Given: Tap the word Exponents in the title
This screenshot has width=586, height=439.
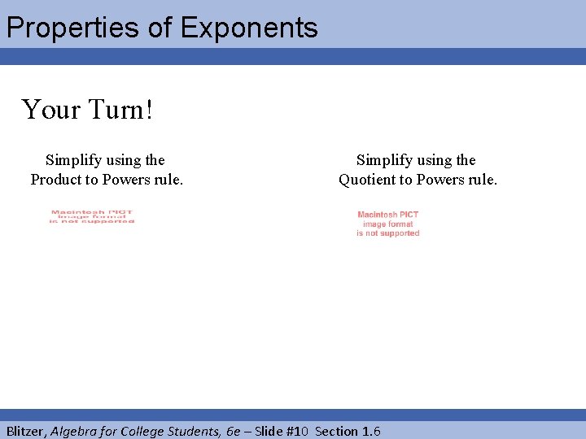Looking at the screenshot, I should click(x=249, y=28).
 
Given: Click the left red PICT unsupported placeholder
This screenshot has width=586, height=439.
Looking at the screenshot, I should click(x=92, y=217).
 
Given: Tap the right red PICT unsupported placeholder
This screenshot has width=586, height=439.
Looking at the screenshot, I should click(x=388, y=224).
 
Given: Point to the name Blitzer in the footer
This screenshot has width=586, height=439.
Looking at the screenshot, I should click(x=26, y=431).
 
